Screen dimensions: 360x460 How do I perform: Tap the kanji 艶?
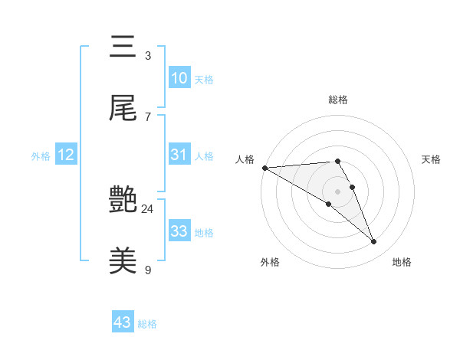pyautogui.click(x=124, y=201)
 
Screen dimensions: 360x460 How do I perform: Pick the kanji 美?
pyautogui.click(x=124, y=261)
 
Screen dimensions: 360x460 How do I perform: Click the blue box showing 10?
pyautogui.click(x=179, y=77)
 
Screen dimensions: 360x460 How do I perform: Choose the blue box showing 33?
pyautogui.click(x=179, y=231)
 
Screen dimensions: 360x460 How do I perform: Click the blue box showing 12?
pyautogui.click(x=66, y=155)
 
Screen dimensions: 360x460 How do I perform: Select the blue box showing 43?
pyautogui.click(x=123, y=322)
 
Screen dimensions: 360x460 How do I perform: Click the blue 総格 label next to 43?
pyautogui.click(x=147, y=324)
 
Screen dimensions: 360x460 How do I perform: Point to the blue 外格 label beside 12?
pyautogui.click(x=41, y=156)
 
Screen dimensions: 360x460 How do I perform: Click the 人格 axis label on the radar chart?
pyautogui.click(x=245, y=159)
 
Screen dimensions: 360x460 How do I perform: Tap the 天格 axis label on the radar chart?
pyautogui.click(x=432, y=159)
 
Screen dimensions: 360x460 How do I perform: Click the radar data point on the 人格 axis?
pyautogui.click(x=264, y=167)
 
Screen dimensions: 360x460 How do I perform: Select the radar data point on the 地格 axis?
pyautogui.click(x=374, y=242)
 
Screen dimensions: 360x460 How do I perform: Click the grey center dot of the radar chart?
pyautogui.click(x=337, y=191)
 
